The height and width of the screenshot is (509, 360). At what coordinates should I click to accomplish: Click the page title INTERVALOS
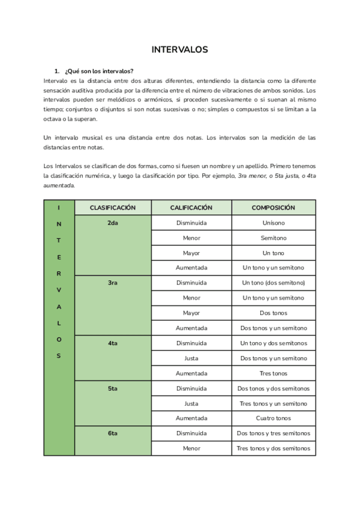click(180, 50)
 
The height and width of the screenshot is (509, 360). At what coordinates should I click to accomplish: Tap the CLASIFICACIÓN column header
click(113, 208)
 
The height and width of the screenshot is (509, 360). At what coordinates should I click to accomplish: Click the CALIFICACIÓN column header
click(191, 208)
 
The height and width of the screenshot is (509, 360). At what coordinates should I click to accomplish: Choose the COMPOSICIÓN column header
click(274, 208)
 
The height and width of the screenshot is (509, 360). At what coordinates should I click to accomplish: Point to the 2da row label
click(113, 223)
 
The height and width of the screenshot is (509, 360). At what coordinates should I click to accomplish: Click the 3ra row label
click(113, 283)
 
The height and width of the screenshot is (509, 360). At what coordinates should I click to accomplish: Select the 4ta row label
click(113, 343)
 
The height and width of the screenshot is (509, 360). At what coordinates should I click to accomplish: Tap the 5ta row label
click(113, 388)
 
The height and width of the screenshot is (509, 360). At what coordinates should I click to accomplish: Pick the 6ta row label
click(113, 433)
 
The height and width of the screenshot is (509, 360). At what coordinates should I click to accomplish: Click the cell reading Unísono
click(274, 223)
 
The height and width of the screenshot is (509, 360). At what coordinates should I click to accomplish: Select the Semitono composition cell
click(274, 238)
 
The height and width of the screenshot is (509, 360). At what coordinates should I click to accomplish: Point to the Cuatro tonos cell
click(274, 418)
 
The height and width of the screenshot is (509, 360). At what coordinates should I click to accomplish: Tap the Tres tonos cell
click(274, 373)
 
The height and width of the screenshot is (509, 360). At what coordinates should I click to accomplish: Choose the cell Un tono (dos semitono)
click(274, 283)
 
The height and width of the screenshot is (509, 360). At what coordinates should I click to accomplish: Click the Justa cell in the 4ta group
click(191, 358)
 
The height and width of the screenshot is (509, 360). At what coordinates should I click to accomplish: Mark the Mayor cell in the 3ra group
click(191, 313)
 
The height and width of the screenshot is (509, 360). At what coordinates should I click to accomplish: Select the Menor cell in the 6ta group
click(191, 448)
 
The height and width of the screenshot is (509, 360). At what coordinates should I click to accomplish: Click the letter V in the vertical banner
click(59, 290)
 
